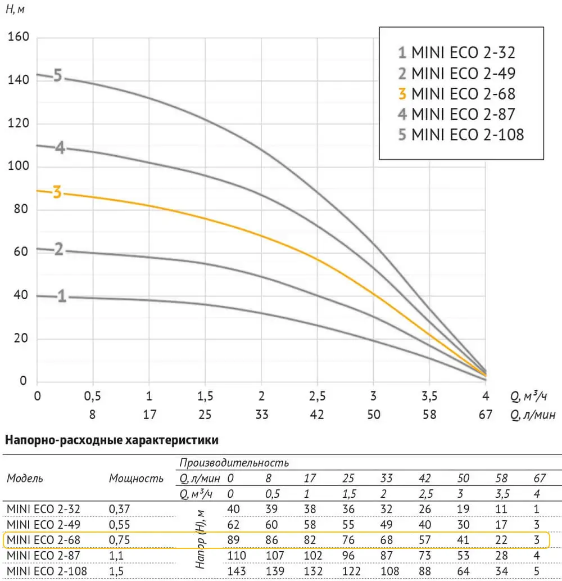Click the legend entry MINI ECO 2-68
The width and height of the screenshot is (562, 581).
click(456, 93)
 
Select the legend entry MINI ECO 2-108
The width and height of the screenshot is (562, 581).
click(461, 135)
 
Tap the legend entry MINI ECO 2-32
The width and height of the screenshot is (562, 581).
click(456, 53)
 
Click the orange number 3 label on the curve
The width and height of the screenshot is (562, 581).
click(57, 192)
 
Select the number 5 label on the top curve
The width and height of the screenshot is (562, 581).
click(57, 75)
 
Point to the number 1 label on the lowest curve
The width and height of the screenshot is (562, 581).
click(62, 296)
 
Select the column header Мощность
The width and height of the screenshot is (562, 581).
click(136, 479)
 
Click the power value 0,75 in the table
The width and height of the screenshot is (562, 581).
click(119, 540)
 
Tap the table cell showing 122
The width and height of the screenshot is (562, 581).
click(348, 571)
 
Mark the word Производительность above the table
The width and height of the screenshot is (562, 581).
click(234, 463)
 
